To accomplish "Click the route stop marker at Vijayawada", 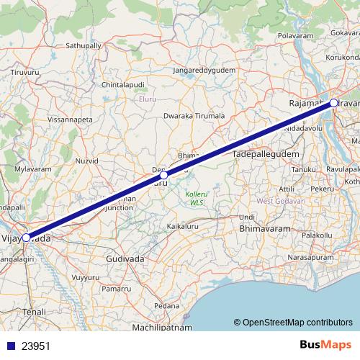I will click(x=26, y=237).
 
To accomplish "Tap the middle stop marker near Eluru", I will click(x=163, y=175).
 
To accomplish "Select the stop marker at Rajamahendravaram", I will click(x=334, y=103).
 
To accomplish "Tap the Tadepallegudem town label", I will click(x=264, y=155).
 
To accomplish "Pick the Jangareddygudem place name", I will click(x=204, y=71).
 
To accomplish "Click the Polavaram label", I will click(x=297, y=35).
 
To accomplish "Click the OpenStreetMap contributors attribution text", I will click(x=297, y=323).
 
